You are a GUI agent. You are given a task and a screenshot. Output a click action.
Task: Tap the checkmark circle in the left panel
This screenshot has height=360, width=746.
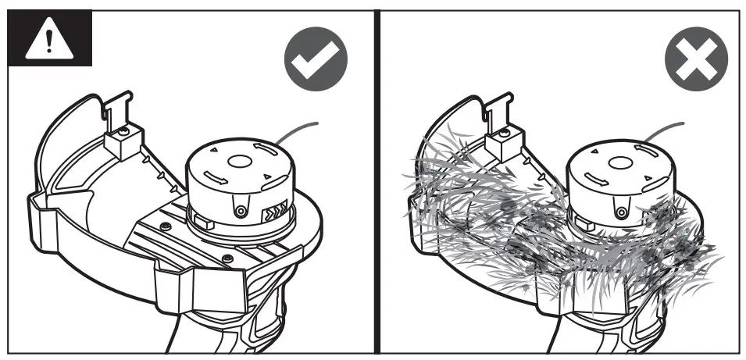pos(316,61)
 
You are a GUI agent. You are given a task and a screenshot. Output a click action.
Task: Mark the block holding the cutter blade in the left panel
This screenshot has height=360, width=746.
pos(122,142)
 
